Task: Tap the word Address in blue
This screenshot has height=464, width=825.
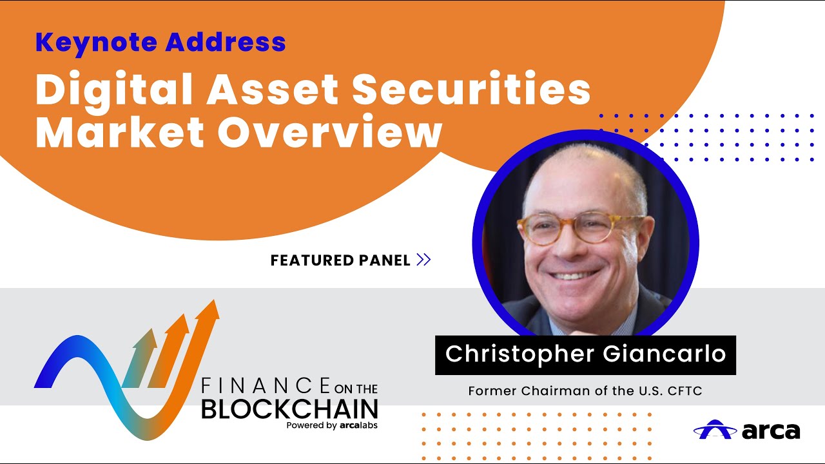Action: pyautogui.click(x=226, y=43)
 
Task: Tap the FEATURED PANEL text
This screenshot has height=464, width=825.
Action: pyautogui.click(x=340, y=260)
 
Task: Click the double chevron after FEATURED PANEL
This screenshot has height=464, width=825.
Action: pyautogui.click(x=423, y=260)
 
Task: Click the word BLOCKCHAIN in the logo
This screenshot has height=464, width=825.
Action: pyautogui.click(x=289, y=409)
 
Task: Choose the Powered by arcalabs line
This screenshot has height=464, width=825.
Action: pyautogui.click(x=332, y=425)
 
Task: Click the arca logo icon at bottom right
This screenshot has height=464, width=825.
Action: pyautogui.click(x=715, y=429)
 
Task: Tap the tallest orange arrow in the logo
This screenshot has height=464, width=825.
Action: pyautogui.click(x=205, y=342)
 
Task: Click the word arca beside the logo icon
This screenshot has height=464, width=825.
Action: pyautogui.click(x=771, y=430)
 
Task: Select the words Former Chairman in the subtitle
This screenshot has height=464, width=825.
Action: pyautogui.click(x=518, y=391)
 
